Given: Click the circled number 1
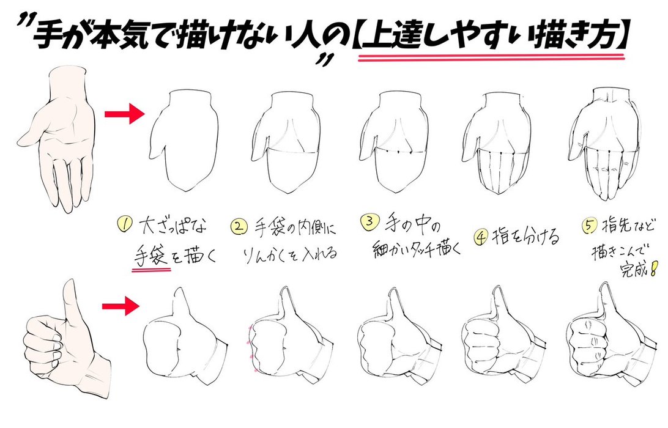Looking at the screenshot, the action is tap(124, 224).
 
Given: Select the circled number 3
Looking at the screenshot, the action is tap(369, 221).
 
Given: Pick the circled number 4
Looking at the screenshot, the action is tap(481, 237).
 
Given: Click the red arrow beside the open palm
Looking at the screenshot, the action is tap(124, 114).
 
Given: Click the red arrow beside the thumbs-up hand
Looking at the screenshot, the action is tap(121, 306).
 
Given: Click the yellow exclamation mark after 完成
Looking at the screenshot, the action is tap(655, 269).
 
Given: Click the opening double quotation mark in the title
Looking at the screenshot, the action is tap(26, 22).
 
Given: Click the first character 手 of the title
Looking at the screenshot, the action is tap(47, 35).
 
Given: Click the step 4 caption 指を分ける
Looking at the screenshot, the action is tap(525, 237).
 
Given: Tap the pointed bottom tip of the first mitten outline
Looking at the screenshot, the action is tap(185, 190).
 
